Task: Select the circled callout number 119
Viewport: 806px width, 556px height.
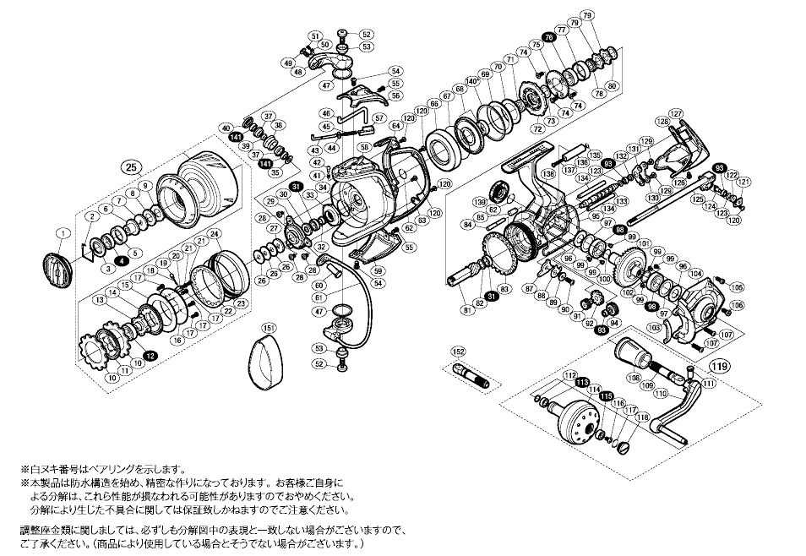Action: pos(720,366)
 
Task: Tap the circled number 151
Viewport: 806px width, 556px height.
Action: pos(267,328)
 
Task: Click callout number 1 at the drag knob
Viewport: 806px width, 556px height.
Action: pos(62,232)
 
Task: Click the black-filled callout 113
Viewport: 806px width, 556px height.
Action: pos(582,382)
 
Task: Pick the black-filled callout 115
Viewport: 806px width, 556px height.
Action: pos(605,395)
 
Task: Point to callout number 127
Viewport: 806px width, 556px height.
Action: pos(675,113)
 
